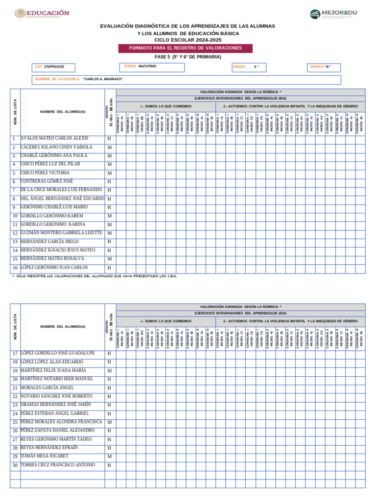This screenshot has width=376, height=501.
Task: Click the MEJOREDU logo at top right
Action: (x=333, y=14)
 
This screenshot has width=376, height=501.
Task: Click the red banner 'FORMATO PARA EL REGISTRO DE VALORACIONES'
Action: (x=185, y=48)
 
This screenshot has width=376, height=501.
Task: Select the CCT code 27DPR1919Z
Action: (x=54, y=66)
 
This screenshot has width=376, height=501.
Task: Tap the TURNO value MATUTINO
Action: (x=147, y=66)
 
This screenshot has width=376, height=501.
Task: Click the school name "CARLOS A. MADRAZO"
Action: (x=103, y=79)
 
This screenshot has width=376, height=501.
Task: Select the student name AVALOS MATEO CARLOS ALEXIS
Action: (x=54, y=138)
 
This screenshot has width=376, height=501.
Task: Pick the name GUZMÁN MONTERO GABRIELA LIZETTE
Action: (x=61, y=233)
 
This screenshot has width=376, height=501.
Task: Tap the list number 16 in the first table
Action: (x=15, y=268)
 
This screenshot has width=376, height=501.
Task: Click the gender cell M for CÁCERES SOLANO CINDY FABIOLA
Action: (x=110, y=147)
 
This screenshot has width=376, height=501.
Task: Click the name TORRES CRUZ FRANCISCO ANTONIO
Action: (x=57, y=465)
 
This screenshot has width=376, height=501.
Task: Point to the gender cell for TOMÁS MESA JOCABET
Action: (x=110, y=456)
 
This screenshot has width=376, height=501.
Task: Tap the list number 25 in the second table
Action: (x=15, y=422)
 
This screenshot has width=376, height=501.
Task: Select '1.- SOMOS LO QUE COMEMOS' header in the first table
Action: (x=165, y=106)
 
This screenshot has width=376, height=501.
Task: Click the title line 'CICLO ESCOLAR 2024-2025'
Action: (x=188, y=39)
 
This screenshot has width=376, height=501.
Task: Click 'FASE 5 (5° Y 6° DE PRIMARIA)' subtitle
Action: (x=188, y=57)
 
